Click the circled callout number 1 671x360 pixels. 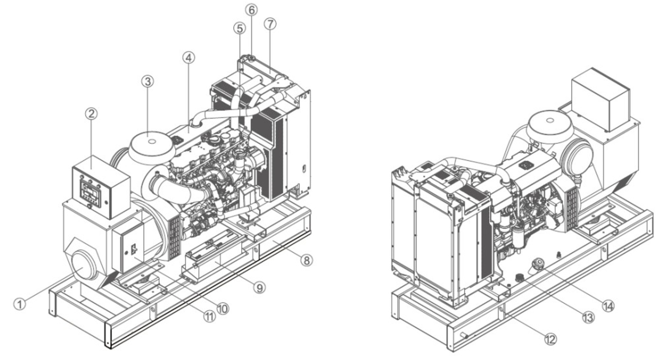[20, 304]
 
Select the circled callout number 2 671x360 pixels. [92, 113]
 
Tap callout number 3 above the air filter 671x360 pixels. [148, 81]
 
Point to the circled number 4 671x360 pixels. [189, 58]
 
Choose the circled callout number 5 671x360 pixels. [240, 28]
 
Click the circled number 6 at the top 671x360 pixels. [251, 10]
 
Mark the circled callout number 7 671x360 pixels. [270, 24]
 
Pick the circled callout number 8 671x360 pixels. [307, 260]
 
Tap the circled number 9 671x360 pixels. [259, 287]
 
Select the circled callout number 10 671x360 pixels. [223, 309]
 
